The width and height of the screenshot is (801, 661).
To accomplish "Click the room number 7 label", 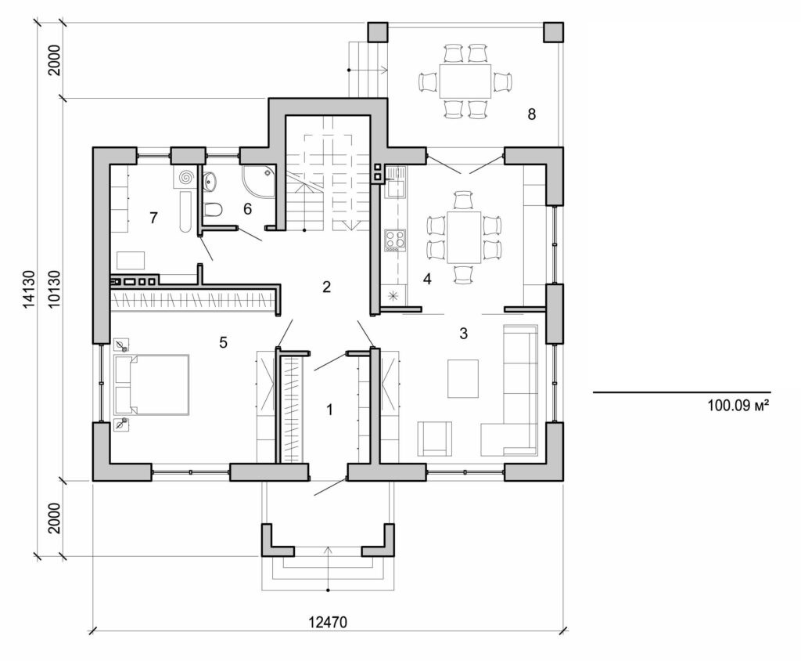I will (153, 218).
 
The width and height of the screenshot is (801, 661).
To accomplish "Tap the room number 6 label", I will (247, 208).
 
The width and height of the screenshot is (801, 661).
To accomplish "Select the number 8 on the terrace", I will (532, 114).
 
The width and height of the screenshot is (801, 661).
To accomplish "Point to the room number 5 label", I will (223, 342).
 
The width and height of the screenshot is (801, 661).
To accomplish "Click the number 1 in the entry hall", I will (329, 409).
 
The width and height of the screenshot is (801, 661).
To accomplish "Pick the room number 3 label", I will (463, 334).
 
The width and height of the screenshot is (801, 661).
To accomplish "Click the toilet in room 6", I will (212, 209).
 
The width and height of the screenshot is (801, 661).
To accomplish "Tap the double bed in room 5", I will (153, 384).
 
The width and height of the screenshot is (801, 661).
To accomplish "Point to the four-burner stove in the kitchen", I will (393, 239).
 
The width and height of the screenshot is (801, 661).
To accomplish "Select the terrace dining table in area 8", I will (465, 81).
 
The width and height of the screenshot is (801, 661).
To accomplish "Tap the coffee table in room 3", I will (462, 378).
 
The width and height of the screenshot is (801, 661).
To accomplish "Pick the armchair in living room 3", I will (435, 439).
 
